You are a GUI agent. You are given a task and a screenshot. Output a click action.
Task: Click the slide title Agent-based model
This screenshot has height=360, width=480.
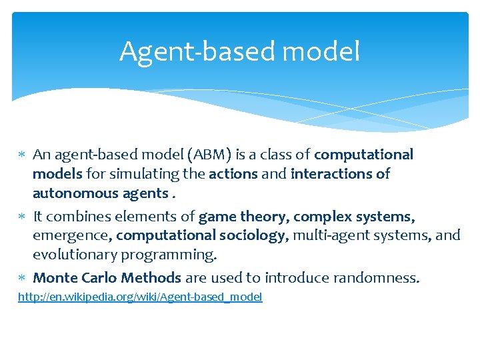click(239, 51)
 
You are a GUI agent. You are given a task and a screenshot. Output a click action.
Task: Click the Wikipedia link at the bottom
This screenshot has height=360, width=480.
click(140, 297)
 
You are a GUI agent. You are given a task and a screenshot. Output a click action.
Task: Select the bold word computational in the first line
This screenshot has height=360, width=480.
click(363, 155)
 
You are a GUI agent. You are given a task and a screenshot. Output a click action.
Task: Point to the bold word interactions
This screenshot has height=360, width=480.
click(316, 174)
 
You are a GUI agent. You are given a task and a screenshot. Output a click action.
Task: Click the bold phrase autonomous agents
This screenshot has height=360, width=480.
click(100, 193)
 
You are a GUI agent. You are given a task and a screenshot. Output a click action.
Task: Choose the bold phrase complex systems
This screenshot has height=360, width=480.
click(355, 216)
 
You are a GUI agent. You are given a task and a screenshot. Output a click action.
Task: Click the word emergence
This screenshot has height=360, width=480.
click(73, 235)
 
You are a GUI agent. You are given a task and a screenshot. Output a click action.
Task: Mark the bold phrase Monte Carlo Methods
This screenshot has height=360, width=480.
click(107, 277)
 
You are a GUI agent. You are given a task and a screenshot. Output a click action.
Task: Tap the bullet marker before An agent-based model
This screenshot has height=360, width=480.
click(22, 155)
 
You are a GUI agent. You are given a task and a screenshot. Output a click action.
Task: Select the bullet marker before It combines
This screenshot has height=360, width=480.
click(22, 217)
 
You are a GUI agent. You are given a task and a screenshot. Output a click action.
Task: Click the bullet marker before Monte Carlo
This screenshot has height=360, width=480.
click(22, 278)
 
